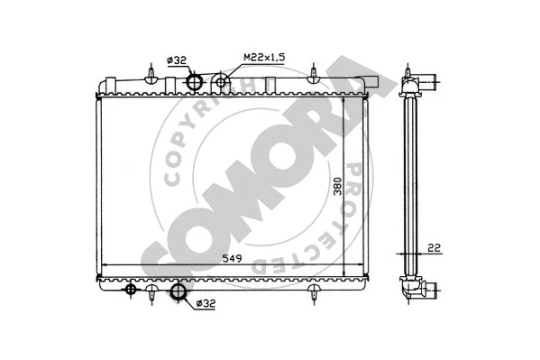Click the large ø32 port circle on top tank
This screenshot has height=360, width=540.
[194, 82]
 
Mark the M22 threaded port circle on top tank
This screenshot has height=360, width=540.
[222, 84]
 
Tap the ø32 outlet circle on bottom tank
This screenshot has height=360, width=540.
[178, 291]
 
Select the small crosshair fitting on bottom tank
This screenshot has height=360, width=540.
[131, 289]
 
